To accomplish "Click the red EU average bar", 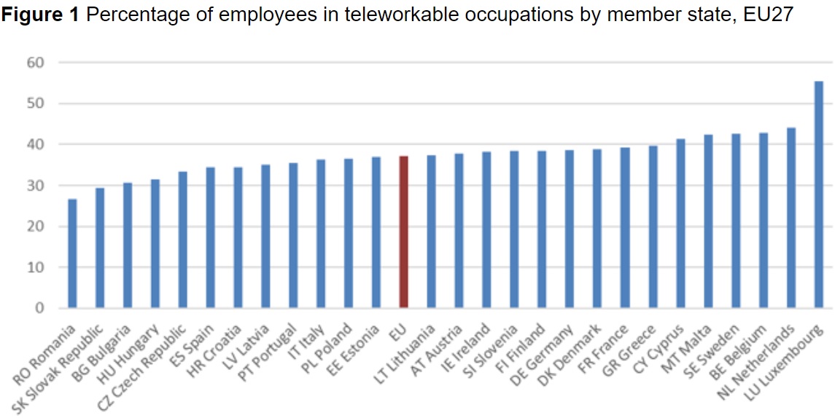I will pos(403,232).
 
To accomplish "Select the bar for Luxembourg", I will pos(818,194).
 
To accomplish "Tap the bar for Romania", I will pos(72,253).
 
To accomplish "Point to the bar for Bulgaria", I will pos(127,245).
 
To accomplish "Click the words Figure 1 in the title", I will pos(40,15).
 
